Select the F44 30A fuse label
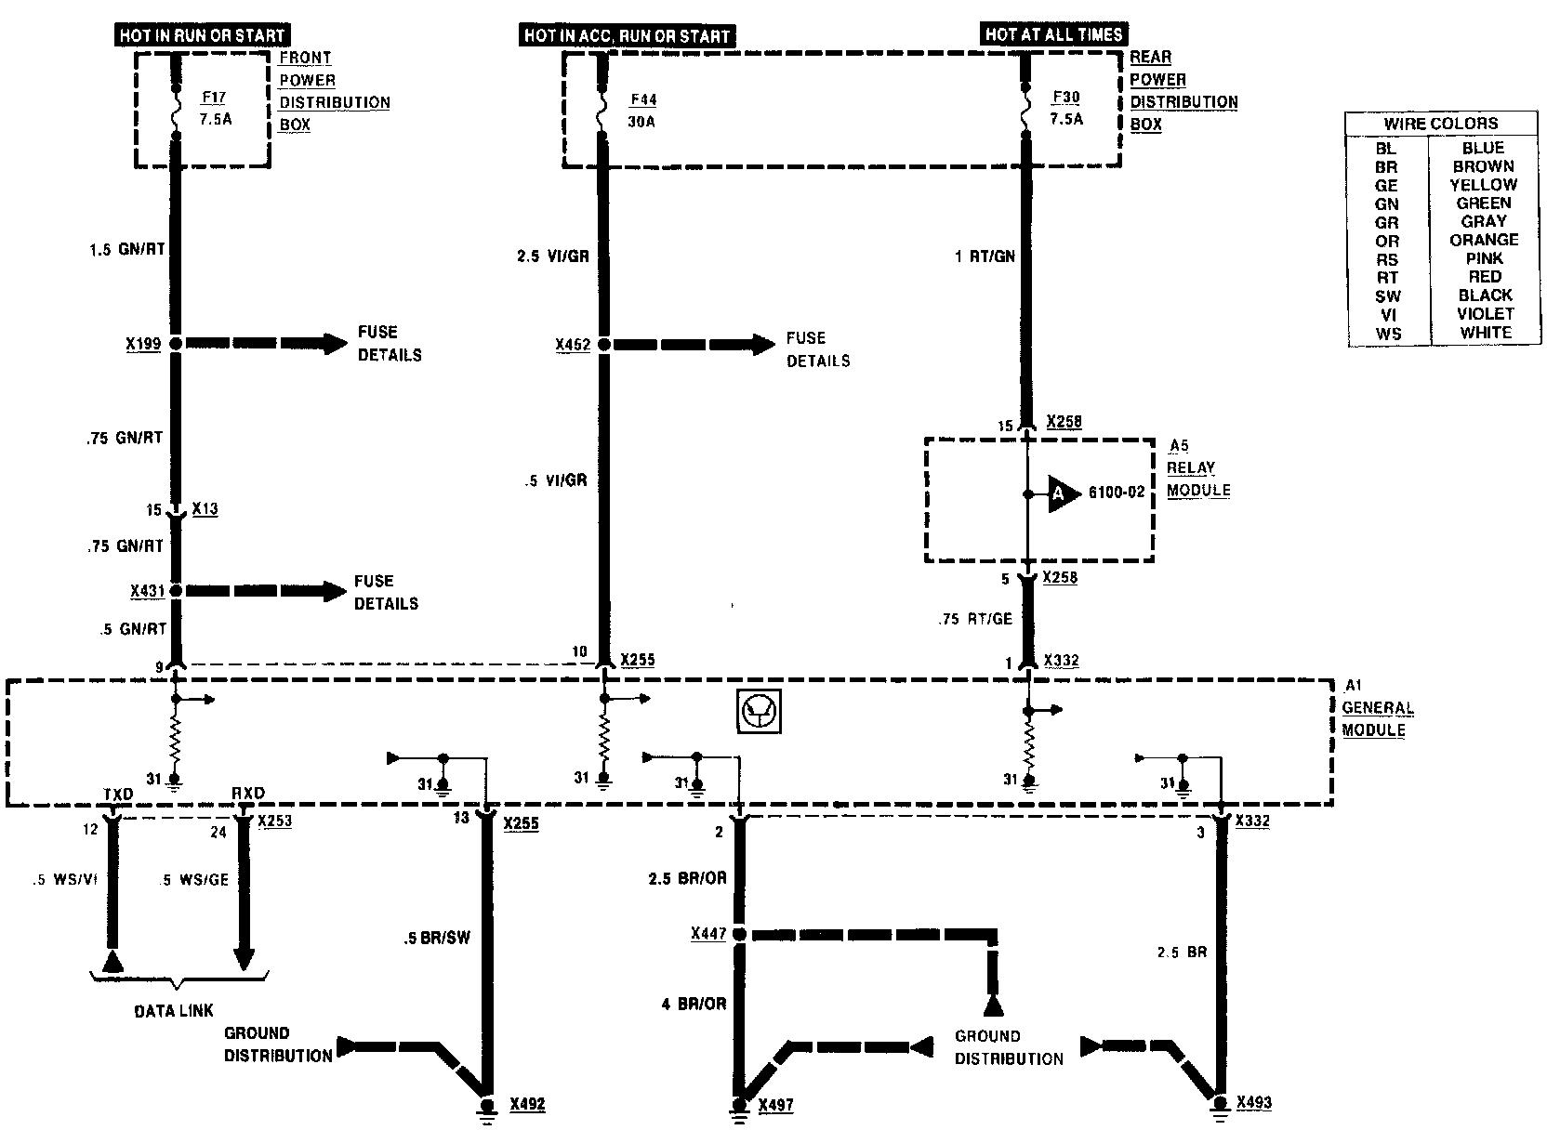click(642, 111)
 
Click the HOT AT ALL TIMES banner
click(1053, 34)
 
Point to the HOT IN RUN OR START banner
click(202, 35)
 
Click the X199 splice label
click(144, 344)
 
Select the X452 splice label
click(573, 345)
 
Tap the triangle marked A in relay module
click(1063, 493)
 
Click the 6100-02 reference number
click(1116, 493)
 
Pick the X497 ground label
click(775, 1105)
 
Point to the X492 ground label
click(528, 1104)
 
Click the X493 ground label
click(1253, 1102)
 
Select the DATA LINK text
click(173, 1010)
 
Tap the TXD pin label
click(118, 794)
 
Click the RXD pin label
click(248, 793)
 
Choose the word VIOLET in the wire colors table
click(1485, 313)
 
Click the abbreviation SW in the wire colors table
click(1387, 296)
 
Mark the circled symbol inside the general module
click(759, 711)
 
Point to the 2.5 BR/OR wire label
click(687, 878)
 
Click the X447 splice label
click(708, 933)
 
